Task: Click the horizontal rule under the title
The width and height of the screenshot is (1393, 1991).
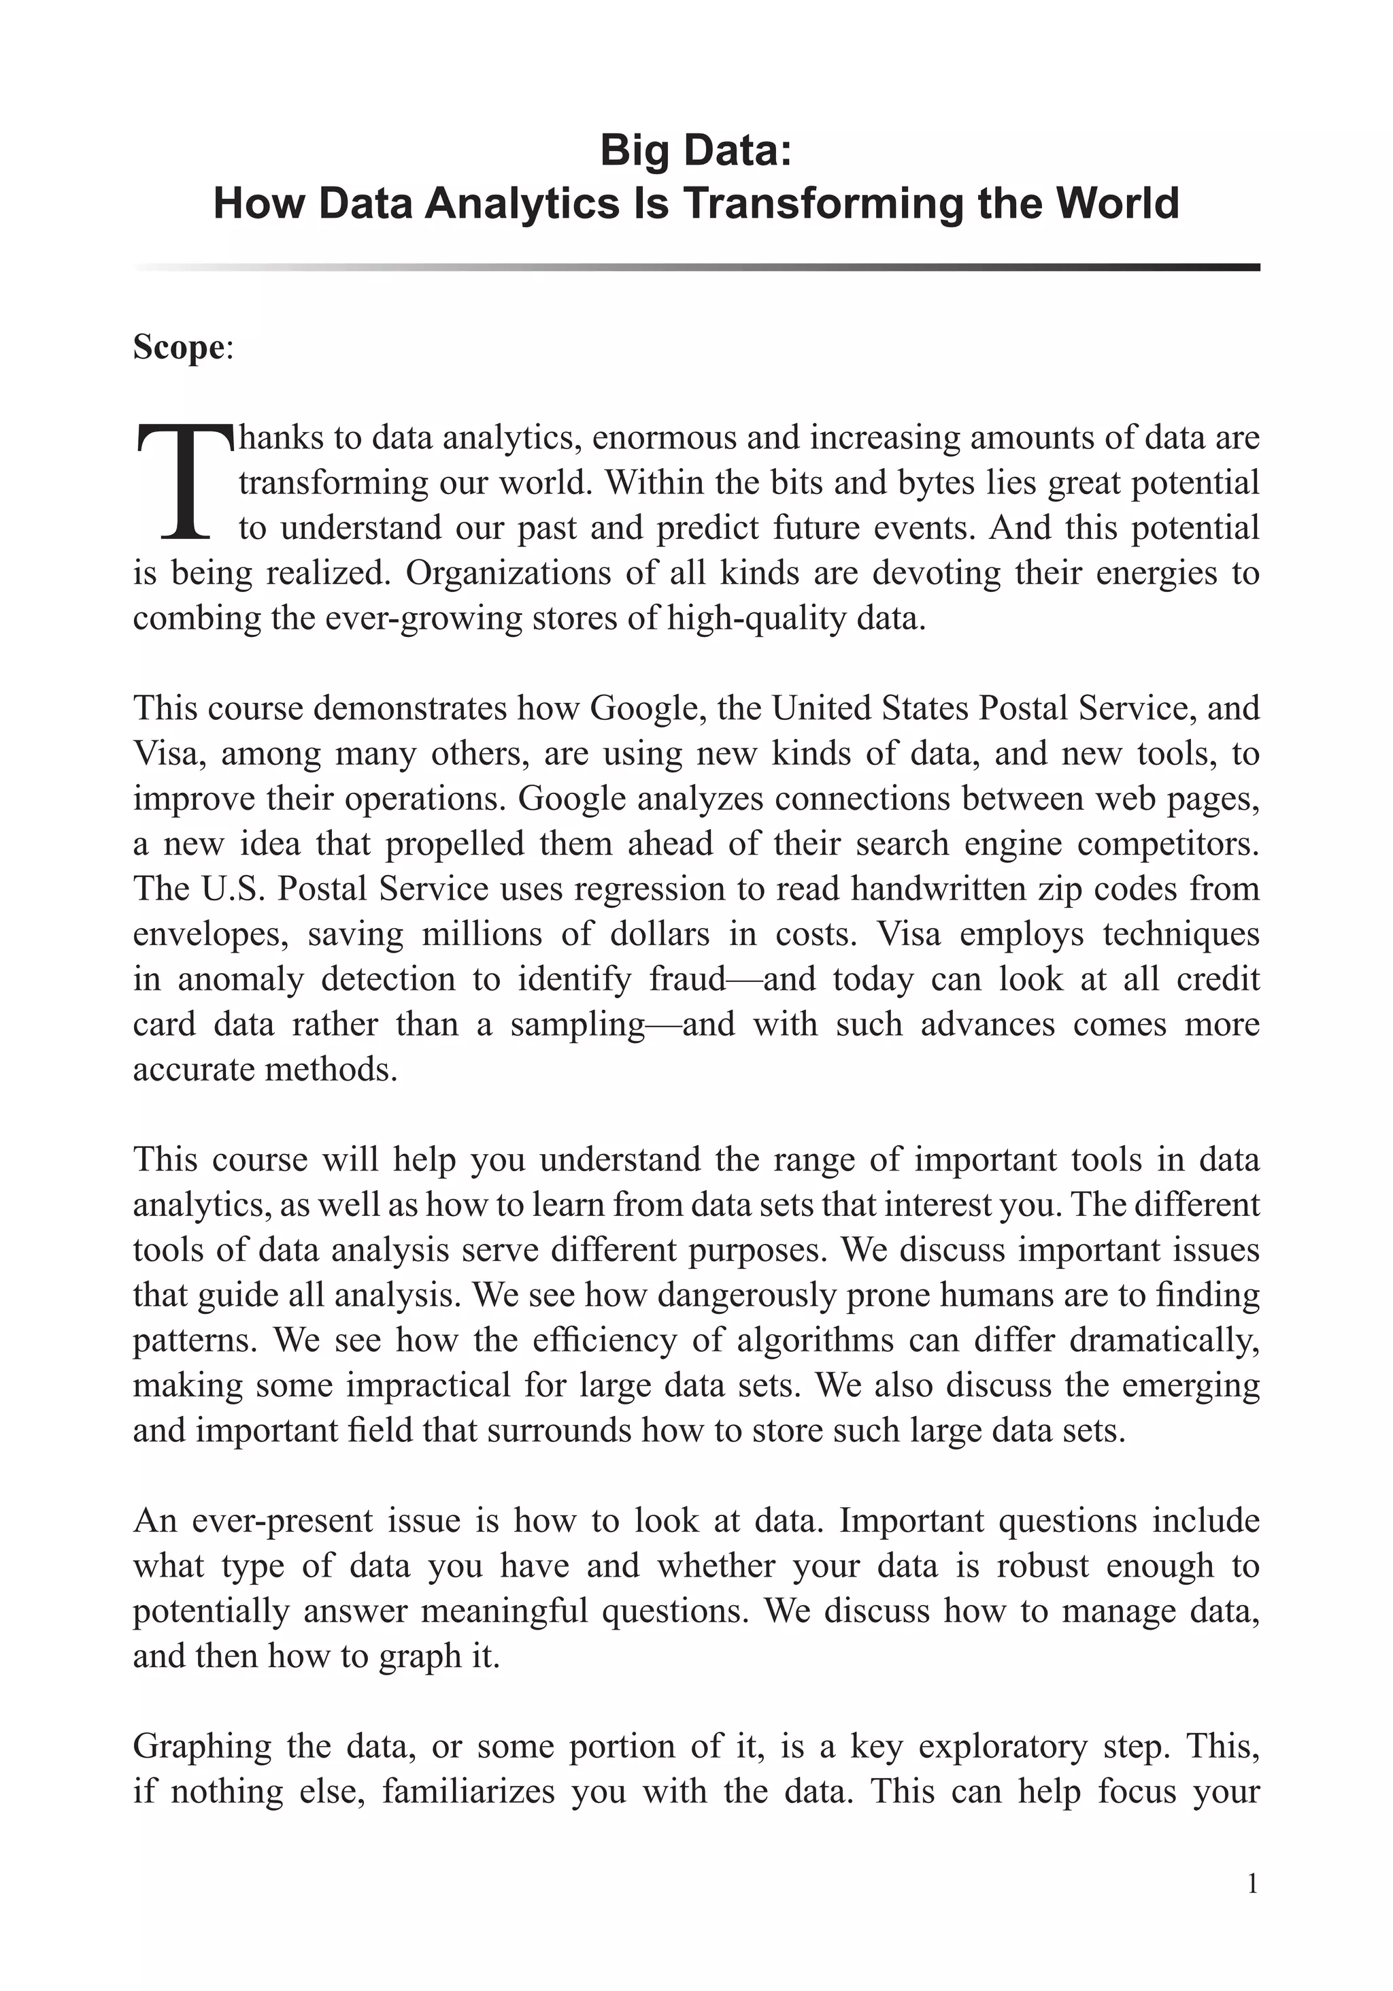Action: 696,267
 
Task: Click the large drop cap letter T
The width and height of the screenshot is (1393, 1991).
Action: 184,482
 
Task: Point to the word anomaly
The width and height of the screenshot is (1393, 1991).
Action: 240,979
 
